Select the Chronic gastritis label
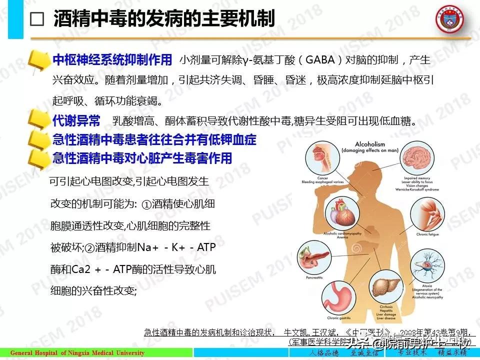340,317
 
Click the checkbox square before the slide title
37,19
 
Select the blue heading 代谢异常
76,121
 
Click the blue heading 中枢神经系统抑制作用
112,60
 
